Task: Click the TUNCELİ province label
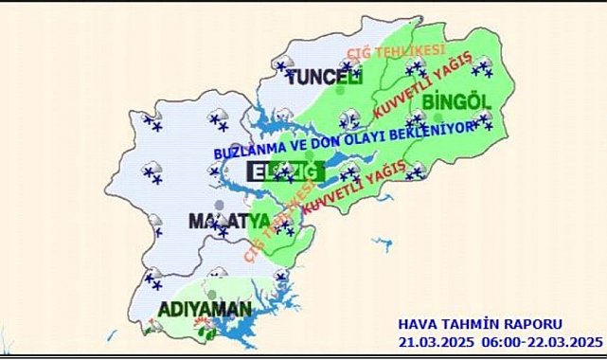pyautogui.click(x=325, y=76)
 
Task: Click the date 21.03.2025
pyautogui.click(x=434, y=341)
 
